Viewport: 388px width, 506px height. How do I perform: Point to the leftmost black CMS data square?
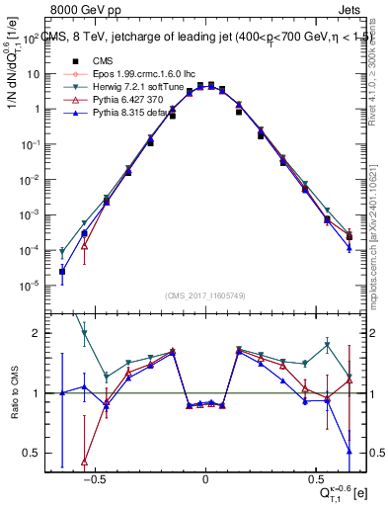[x=62, y=271]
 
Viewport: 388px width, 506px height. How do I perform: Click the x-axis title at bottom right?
[x=342, y=491]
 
